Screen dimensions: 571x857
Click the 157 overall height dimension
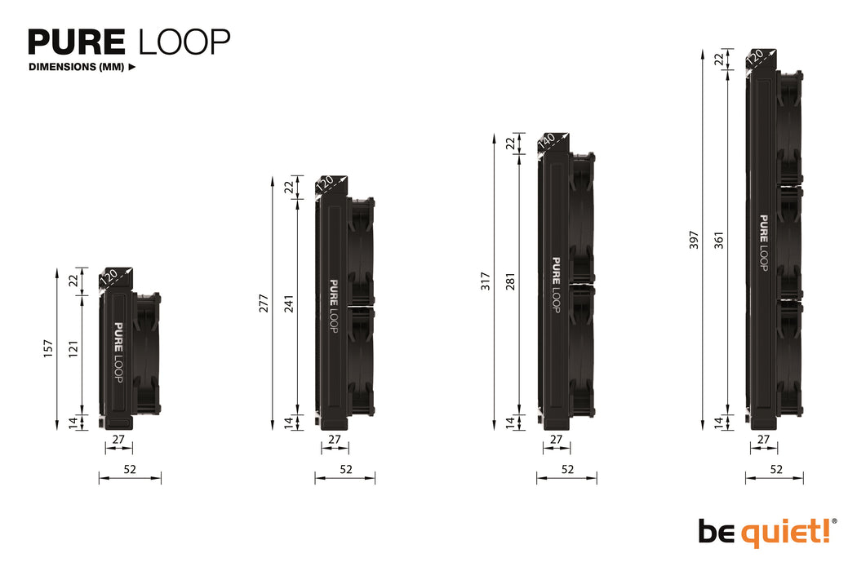coord(47,348)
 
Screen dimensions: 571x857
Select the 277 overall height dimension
coord(264,302)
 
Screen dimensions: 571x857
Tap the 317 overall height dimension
coord(485,281)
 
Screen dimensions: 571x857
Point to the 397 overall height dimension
coord(694,239)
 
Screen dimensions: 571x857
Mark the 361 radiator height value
coord(719,241)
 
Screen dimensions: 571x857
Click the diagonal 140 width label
coord(547,141)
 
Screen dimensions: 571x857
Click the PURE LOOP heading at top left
coord(129,42)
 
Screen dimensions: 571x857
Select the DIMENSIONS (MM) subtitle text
coord(76,68)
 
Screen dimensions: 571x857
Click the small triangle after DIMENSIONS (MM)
coord(132,68)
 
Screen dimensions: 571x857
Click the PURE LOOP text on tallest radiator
coord(764,242)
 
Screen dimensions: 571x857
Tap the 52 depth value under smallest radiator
coord(130,469)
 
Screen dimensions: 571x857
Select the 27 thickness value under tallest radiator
coord(764,439)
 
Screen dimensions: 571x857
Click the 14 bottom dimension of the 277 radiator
coord(290,422)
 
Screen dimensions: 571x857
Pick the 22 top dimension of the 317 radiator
coord(511,144)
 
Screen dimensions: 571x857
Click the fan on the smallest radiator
coord(147,355)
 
